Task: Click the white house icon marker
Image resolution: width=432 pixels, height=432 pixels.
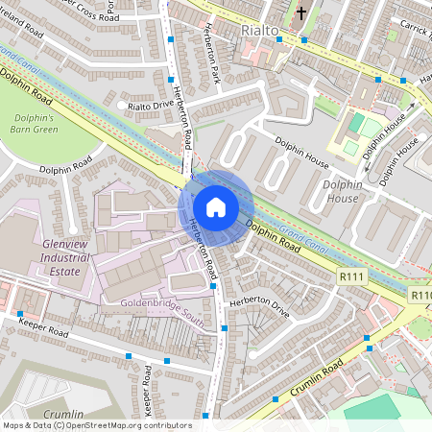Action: tap(216, 206)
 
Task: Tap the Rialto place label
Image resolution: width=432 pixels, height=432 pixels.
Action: tap(259, 31)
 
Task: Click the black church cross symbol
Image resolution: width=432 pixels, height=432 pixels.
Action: tap(300, 14)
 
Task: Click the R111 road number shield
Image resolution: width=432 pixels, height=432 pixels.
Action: tap(352, 276)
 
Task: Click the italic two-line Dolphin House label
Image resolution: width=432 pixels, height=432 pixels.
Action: tap(343, 190)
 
